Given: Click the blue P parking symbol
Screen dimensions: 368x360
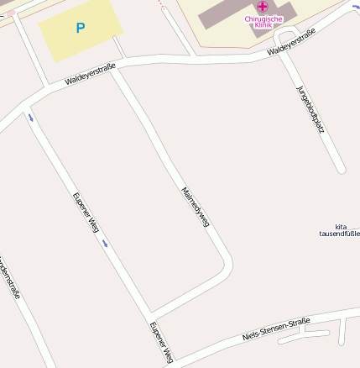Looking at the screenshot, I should [x=81, y=28].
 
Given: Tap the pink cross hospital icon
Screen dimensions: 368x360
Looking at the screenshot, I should [x=263, y=7].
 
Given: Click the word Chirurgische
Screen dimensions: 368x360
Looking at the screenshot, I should [x=263, y=18].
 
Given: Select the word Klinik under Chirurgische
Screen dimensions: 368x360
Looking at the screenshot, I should [x=263, y=25].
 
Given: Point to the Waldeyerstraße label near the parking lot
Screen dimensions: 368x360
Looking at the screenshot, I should [x=90, y=75].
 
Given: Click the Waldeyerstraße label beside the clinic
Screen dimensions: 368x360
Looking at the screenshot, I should [x=291, y=41].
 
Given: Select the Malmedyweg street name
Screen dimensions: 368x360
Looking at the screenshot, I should [x=195, y=208].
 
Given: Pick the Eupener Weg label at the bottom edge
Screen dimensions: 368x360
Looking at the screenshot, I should [x=161, y=342].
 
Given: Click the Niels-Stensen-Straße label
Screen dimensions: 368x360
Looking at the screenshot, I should [x=276, y=329].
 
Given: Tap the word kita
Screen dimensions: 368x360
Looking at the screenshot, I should [x=341, y=226].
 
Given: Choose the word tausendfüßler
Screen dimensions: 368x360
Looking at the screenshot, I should [x=339, y=234].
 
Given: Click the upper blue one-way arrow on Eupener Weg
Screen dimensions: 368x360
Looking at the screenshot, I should [x=31, y=118].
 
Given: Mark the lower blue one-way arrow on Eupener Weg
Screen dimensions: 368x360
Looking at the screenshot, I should [x=105, y=243].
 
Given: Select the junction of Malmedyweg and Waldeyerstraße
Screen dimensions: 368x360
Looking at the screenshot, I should [x=115, y=66].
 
